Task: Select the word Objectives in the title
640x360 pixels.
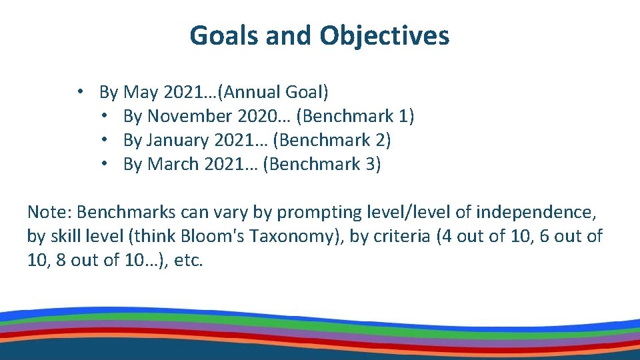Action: (x=384, y=35)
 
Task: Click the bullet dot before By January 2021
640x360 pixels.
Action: (x=105, y=140)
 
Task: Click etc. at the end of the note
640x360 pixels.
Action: (x=187, y=260)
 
